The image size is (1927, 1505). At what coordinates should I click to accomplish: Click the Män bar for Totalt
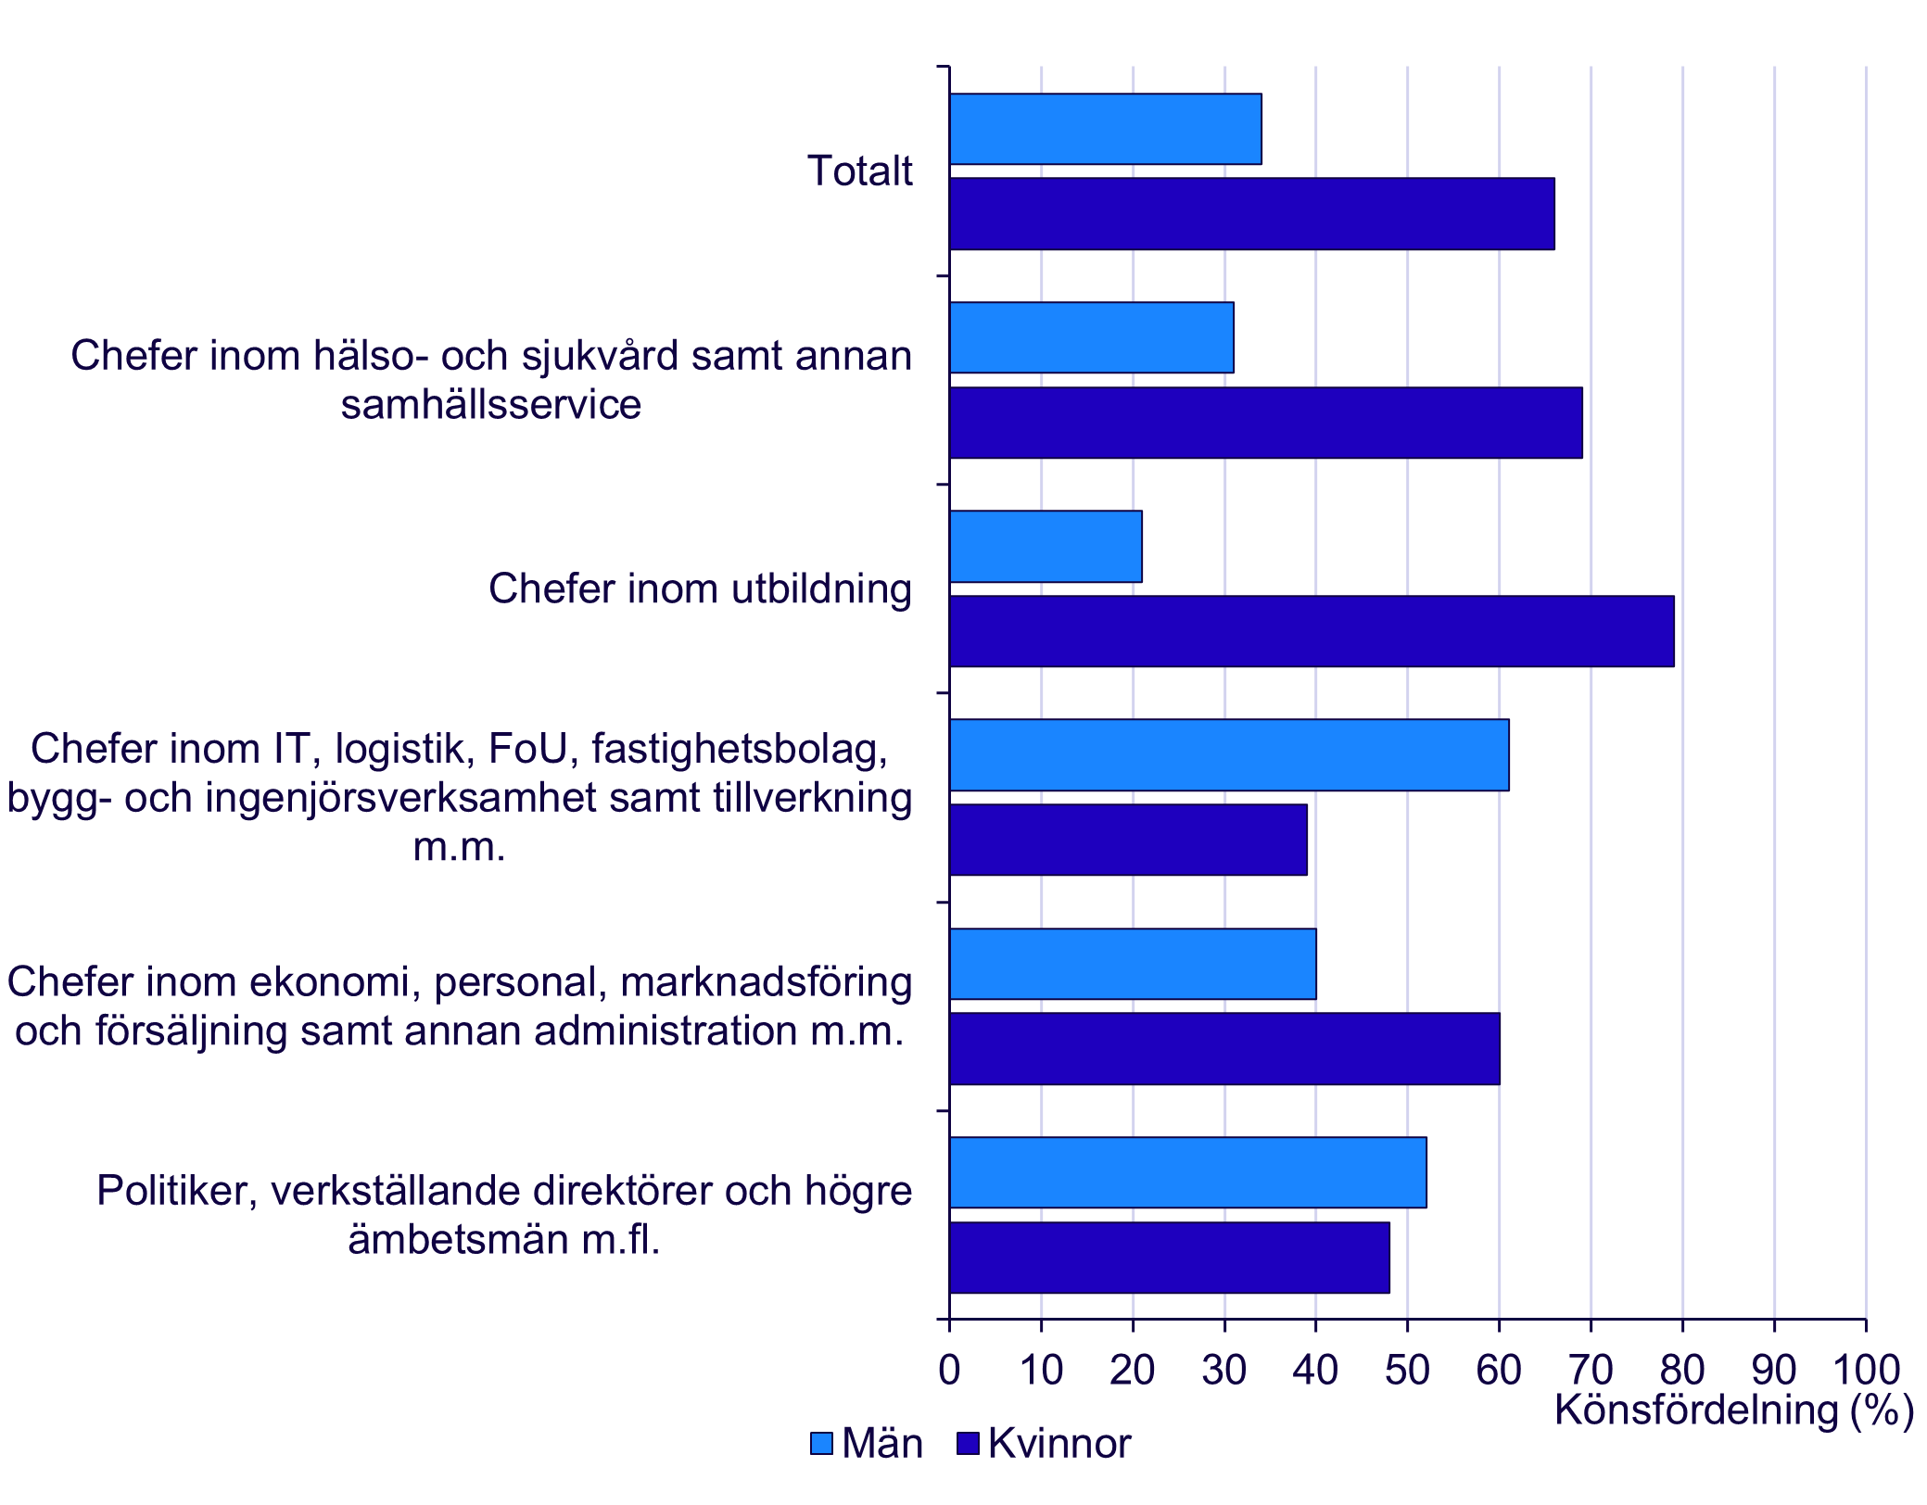(x=1105, y=129)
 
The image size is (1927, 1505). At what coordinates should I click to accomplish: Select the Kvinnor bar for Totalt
(x=1251, y=213)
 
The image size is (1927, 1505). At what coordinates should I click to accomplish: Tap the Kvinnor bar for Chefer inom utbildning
(x=1311, y=631)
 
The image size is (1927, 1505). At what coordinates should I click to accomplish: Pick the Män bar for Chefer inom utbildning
(x=1046, y=546)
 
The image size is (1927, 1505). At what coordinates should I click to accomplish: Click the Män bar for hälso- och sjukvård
(x=1091, y=337)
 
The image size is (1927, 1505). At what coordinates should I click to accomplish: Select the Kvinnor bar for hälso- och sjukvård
(x=1265, y=423)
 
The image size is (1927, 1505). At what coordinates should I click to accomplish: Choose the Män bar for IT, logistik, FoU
(x=1228, y=754)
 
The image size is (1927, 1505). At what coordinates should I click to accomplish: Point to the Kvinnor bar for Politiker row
(x=1169, y=1257)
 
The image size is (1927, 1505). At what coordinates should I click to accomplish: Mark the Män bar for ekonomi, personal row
(x=1132, y=964)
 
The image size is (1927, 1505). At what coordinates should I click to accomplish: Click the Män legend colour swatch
(x=821, y=1443)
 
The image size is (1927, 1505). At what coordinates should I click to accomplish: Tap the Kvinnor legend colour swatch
(x=968, y=1443)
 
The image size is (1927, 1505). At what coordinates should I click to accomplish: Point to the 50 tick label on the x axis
(x=1407, y=1370)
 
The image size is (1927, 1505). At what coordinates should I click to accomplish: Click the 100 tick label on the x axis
(x=1866, y=1370)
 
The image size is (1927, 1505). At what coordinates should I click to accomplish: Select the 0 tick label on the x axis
(x=949, y=1370)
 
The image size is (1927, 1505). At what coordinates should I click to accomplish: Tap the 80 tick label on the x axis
(x=1682, y=1370)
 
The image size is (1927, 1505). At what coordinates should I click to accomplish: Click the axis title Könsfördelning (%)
(x=1733, y=1410)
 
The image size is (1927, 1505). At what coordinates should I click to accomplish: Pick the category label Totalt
(x=859, y=171)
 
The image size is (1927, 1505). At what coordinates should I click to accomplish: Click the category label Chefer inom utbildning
(x=700, y=589)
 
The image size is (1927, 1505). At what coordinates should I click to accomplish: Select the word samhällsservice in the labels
(x=490, y=405)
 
